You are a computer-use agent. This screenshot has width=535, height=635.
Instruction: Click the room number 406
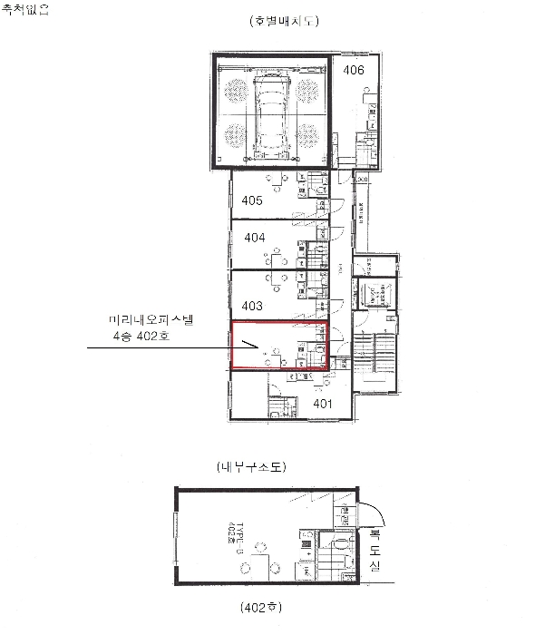[354, 70]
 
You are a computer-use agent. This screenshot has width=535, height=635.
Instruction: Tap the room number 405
[252, 200]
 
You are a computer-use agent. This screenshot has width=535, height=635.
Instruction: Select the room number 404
[255, 238]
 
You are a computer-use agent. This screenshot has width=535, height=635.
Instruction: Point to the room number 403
[252, 307]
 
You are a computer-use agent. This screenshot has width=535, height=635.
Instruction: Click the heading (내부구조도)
[252, 468]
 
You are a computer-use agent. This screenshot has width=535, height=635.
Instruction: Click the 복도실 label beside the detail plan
[374, 550]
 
